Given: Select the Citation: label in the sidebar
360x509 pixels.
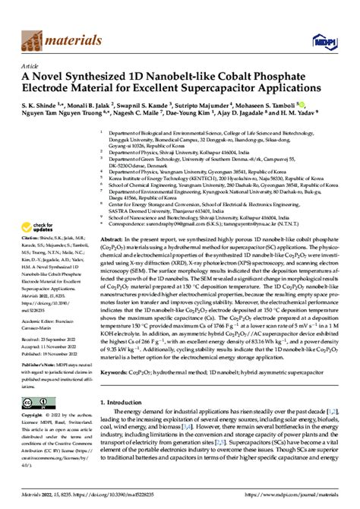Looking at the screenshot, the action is coord(31,248).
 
